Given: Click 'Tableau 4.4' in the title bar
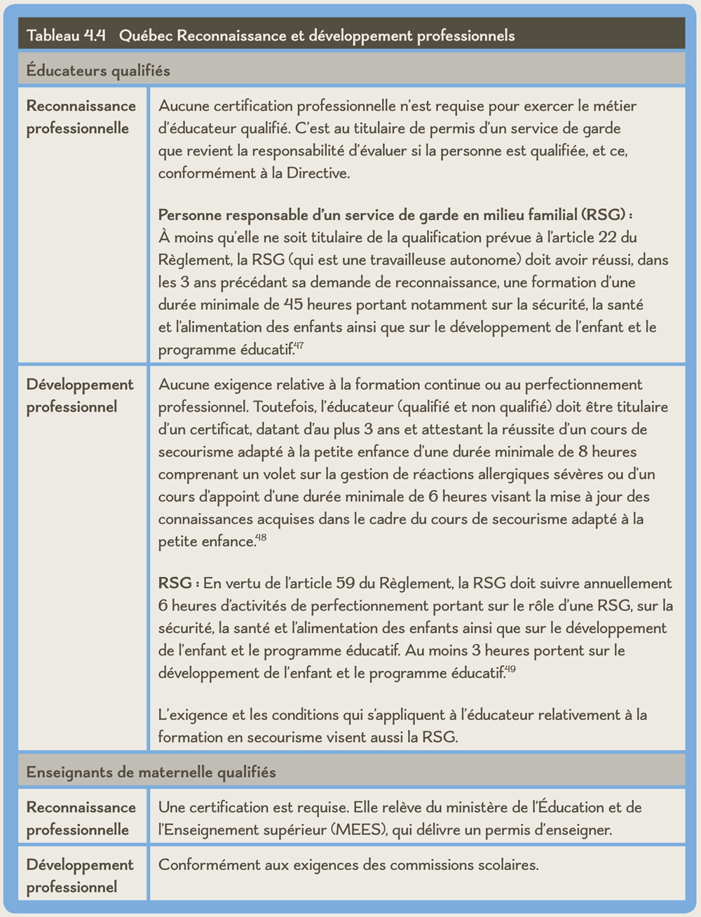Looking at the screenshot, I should (x=65, y=36).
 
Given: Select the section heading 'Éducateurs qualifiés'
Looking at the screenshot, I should (x=98, y=70).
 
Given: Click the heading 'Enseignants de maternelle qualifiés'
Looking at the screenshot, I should (x=151, y=772).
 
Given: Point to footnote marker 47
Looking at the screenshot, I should (x=299, y=346).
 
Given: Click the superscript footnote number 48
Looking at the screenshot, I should (x=261, y=538).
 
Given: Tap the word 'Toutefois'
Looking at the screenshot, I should (x=285, y=407).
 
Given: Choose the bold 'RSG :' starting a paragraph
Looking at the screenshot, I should (x=179, y=583).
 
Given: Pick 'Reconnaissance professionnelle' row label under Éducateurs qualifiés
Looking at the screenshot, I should (x=81, y=117).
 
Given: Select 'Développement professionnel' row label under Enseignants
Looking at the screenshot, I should (x=80, y=876).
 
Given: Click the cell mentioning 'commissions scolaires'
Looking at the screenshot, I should (x=348, y=864).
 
